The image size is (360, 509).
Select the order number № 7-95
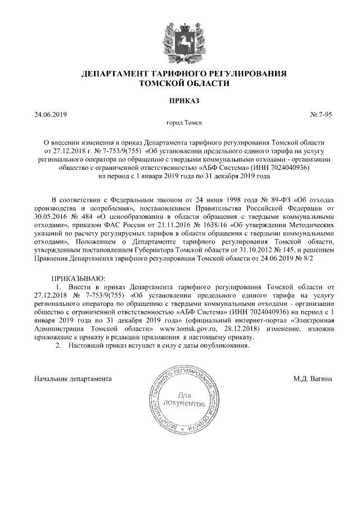tap(321, 115)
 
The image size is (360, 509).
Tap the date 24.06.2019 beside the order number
tap(51, 115)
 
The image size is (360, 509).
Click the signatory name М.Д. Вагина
tap(312, 379)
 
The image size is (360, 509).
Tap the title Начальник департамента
tap(73, 379)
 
